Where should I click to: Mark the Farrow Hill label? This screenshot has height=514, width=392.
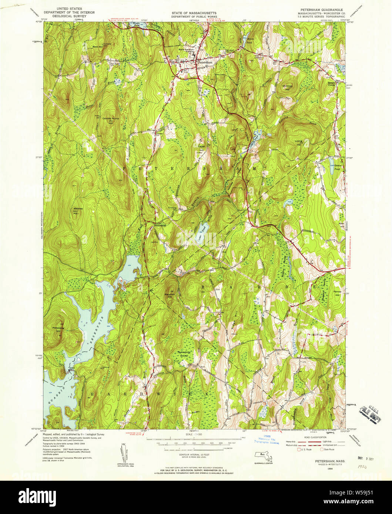[x=337, y=293]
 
